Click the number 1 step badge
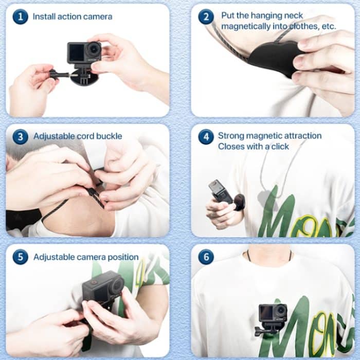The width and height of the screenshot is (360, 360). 21,16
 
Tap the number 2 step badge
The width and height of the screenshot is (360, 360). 206,16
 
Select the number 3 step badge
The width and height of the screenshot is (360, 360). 21,137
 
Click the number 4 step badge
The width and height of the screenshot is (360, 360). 206,137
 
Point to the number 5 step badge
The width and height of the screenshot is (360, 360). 21,257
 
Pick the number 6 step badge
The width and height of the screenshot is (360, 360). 206,257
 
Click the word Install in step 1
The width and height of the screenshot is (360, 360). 44,16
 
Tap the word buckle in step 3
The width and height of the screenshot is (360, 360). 109,136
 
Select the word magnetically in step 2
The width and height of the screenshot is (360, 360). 246,26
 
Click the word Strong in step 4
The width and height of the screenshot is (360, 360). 231,136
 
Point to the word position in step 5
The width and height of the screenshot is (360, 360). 123,257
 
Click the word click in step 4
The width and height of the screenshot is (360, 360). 280,146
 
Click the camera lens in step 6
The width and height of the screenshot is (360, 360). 281,311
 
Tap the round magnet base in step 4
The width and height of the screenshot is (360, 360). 239,202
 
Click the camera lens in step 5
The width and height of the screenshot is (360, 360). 117,285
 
